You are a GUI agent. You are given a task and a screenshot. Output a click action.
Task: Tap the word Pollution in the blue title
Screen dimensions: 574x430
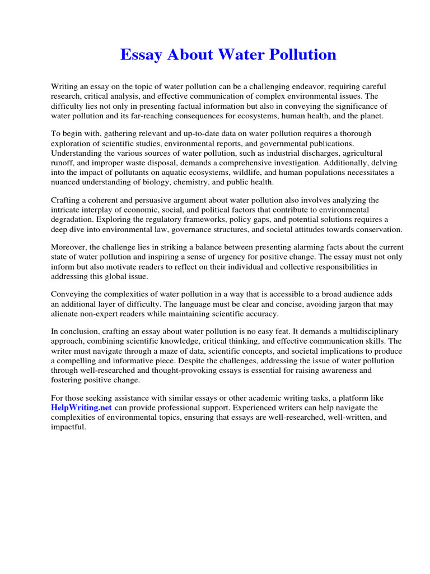point(302,54)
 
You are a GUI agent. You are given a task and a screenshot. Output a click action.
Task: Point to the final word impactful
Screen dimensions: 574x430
point(68,427)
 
